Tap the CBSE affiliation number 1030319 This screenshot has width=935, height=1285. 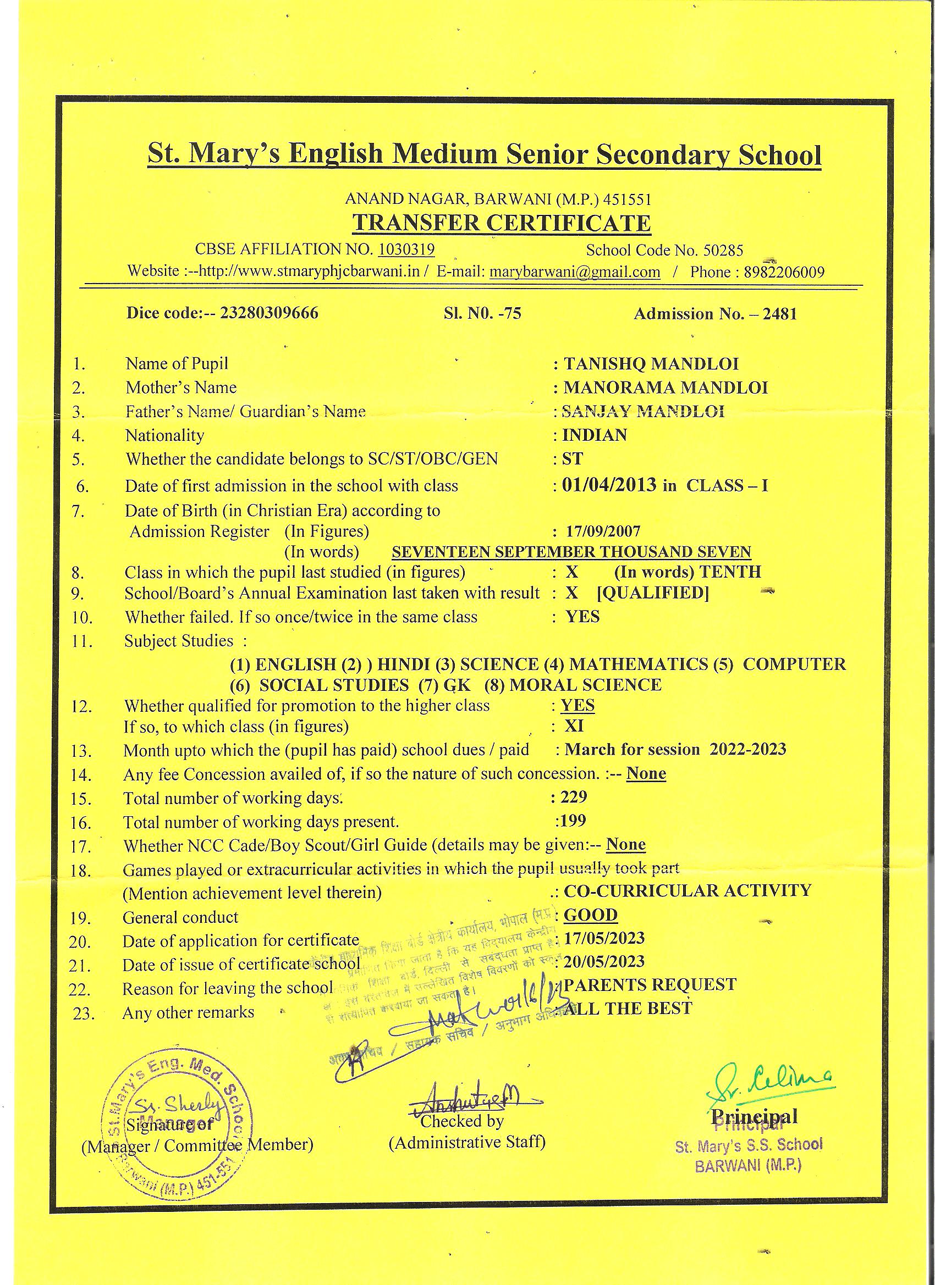pyautogui.click(x=406, y=250)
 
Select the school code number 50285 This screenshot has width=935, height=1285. pyautogui.click(x=723, y=250)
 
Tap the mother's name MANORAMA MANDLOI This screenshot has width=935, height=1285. pyautogui.click(x=665, y=387)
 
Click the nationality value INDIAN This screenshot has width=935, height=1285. pyautogui.click(x=594, y=435)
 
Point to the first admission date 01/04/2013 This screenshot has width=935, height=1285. pyautogui.click(x=609, y=485)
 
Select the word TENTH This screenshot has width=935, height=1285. pyautogui.click(x=730, y=572)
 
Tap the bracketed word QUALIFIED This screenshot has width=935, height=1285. pyautogui.click(x=653, y=593)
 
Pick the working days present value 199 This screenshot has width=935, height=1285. pyautogui.click(x=573, y=821)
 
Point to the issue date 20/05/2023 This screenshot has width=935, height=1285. pyautogui.click(x=604, y=961)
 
